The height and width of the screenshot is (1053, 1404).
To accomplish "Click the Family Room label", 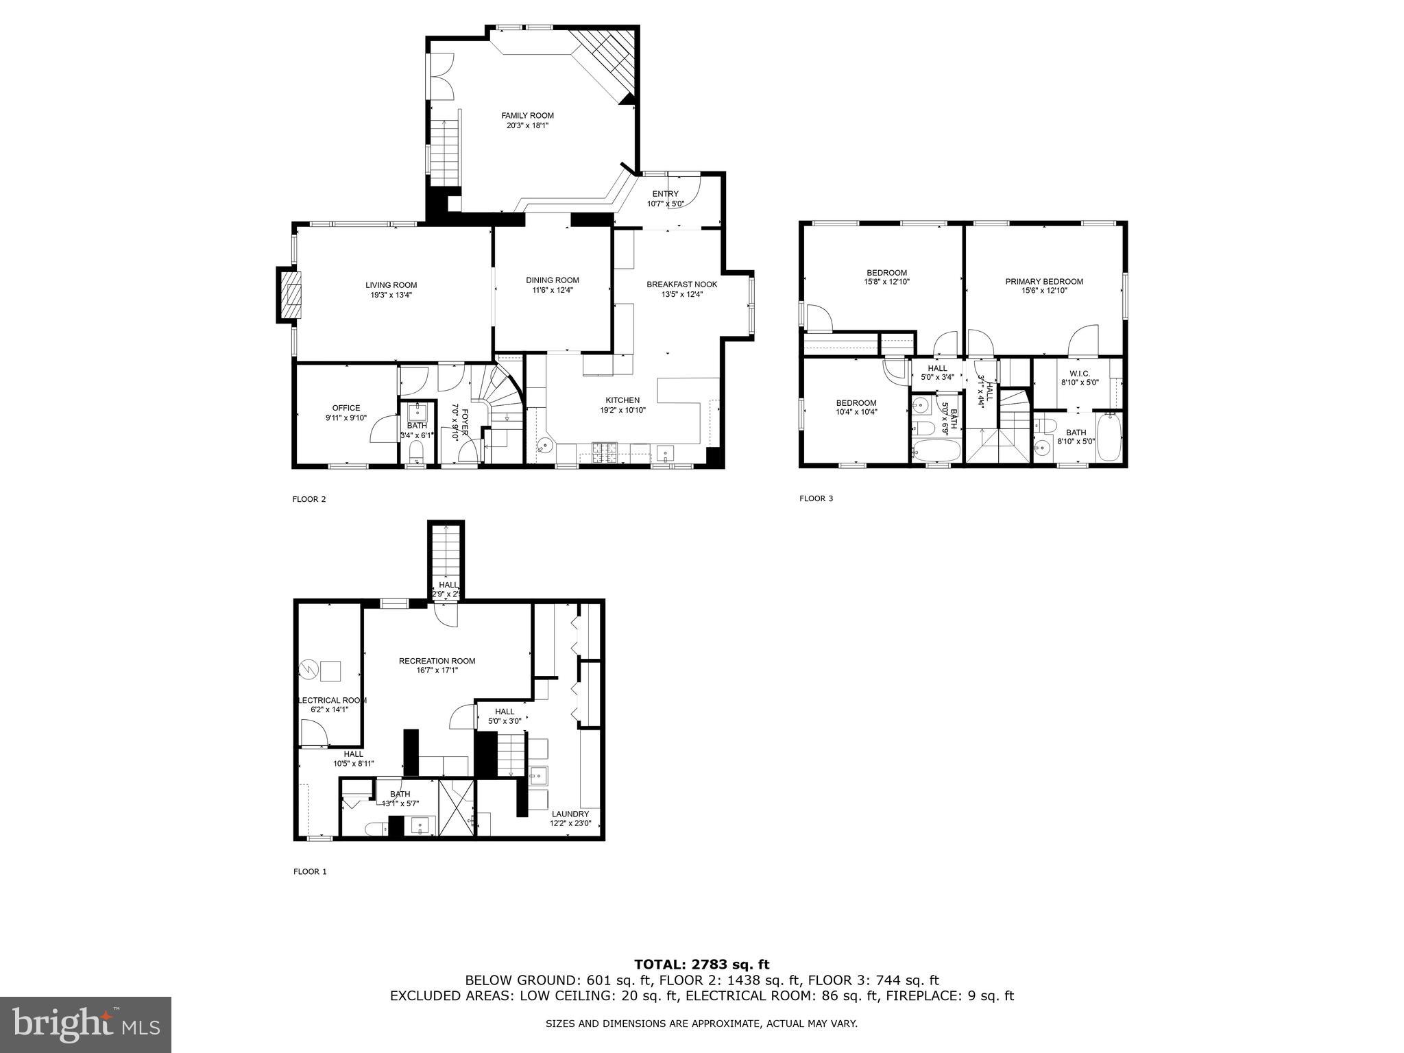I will coord(527,116).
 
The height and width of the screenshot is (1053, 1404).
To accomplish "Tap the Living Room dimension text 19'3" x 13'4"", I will coord(391,295).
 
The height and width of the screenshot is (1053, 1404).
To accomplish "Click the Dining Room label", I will coord(553,280).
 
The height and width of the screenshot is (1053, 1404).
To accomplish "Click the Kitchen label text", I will coord(622,400).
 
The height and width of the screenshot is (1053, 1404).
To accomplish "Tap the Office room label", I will coord(346,408).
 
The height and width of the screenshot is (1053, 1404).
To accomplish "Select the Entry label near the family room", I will coord(665,194).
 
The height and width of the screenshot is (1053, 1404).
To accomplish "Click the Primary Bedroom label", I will coord(1044,281).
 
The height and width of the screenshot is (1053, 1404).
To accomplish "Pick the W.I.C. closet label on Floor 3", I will coord(1080,374).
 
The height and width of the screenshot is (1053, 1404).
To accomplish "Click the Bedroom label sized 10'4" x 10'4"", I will coord(856,403).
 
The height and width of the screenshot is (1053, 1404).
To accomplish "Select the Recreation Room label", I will coord(437,661).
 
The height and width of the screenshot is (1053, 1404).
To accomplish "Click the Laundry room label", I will coord(570,814).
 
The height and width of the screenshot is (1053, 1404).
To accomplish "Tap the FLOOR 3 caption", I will coord(816,498).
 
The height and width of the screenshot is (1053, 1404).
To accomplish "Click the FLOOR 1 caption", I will coord(310,872).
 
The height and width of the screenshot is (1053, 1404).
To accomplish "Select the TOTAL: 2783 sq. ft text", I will coord(701,965).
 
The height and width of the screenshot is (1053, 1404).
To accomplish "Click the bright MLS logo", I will coord(86,1024).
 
